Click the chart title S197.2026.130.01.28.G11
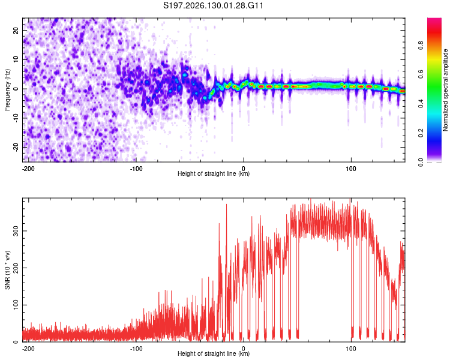213,5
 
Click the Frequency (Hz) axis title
7,90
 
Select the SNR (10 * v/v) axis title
7,270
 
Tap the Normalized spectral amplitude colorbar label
445,90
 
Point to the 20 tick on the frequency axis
16,30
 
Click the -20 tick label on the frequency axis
16,147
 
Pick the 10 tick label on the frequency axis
16,59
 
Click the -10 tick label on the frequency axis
16,118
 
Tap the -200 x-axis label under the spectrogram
28,169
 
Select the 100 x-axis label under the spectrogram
351,169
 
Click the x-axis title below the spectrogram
214,173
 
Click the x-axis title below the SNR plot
214,353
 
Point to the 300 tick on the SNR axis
16,231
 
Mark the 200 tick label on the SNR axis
16,268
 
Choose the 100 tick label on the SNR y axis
16,305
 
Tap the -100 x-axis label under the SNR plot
136,349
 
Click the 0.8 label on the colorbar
421,46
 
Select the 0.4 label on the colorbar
421,104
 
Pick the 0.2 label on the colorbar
421,133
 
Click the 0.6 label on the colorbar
421,74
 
